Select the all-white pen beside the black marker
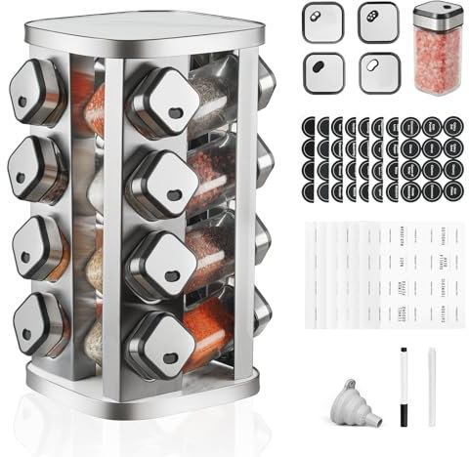coord(431,386)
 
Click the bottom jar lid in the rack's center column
coord(159,342)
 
